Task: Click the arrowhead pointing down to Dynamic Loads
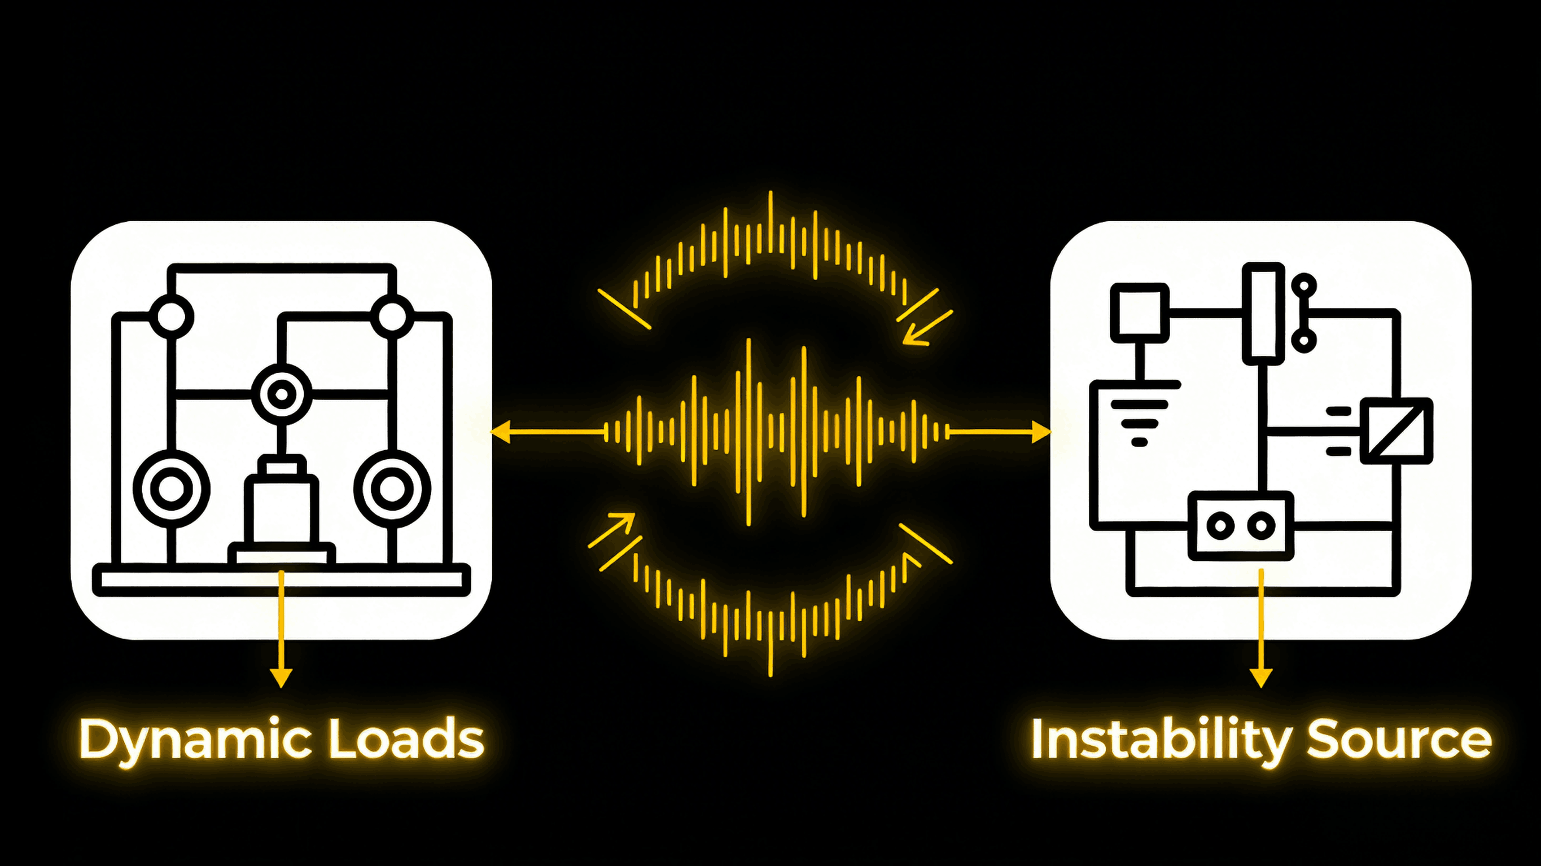281,678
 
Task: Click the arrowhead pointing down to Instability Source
1261,678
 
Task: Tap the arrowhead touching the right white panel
1041,431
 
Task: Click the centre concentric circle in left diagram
281,394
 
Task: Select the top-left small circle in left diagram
171,316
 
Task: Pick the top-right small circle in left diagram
392,316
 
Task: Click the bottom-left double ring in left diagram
172,489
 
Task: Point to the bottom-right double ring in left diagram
392,489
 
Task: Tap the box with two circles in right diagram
1241,526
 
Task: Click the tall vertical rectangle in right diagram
1263,313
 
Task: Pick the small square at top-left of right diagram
1140,313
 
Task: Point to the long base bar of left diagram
281,579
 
